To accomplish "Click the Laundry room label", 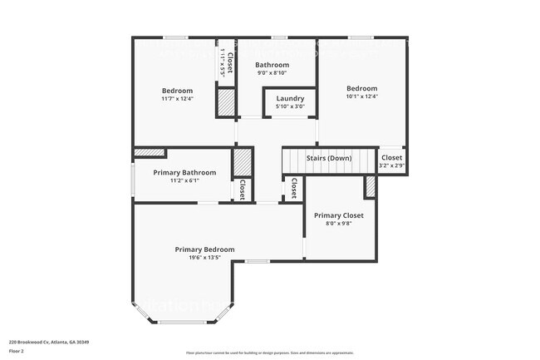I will click(290, 98).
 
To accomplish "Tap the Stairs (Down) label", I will click(329, 158).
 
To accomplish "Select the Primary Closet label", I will click(338, 215).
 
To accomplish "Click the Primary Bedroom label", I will click(204, 249).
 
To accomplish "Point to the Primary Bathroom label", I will click(184, 172).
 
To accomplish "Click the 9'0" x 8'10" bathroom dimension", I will click(272, 73).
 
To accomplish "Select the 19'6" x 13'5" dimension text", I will click(204, 258).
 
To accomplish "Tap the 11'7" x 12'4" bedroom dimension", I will click(177, 99).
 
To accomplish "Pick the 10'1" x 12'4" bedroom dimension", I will click(361, 96).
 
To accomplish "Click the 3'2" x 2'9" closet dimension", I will click(391, 165).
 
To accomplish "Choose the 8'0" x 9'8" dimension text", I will click(338, 224).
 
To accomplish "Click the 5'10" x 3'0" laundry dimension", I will click(290, 106).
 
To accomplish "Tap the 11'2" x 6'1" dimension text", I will click(184, 180).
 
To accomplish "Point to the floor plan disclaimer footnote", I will click(269, 353).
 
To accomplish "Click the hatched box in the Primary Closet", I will click(371, 188).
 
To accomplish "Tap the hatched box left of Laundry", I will click(225, 102).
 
